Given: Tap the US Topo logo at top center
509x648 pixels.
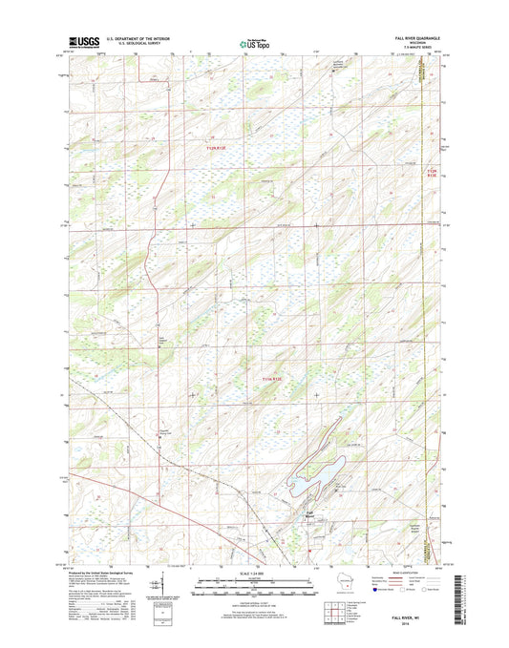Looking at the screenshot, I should tap(253, 43).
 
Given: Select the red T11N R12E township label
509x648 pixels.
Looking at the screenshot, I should tap(273, 380).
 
